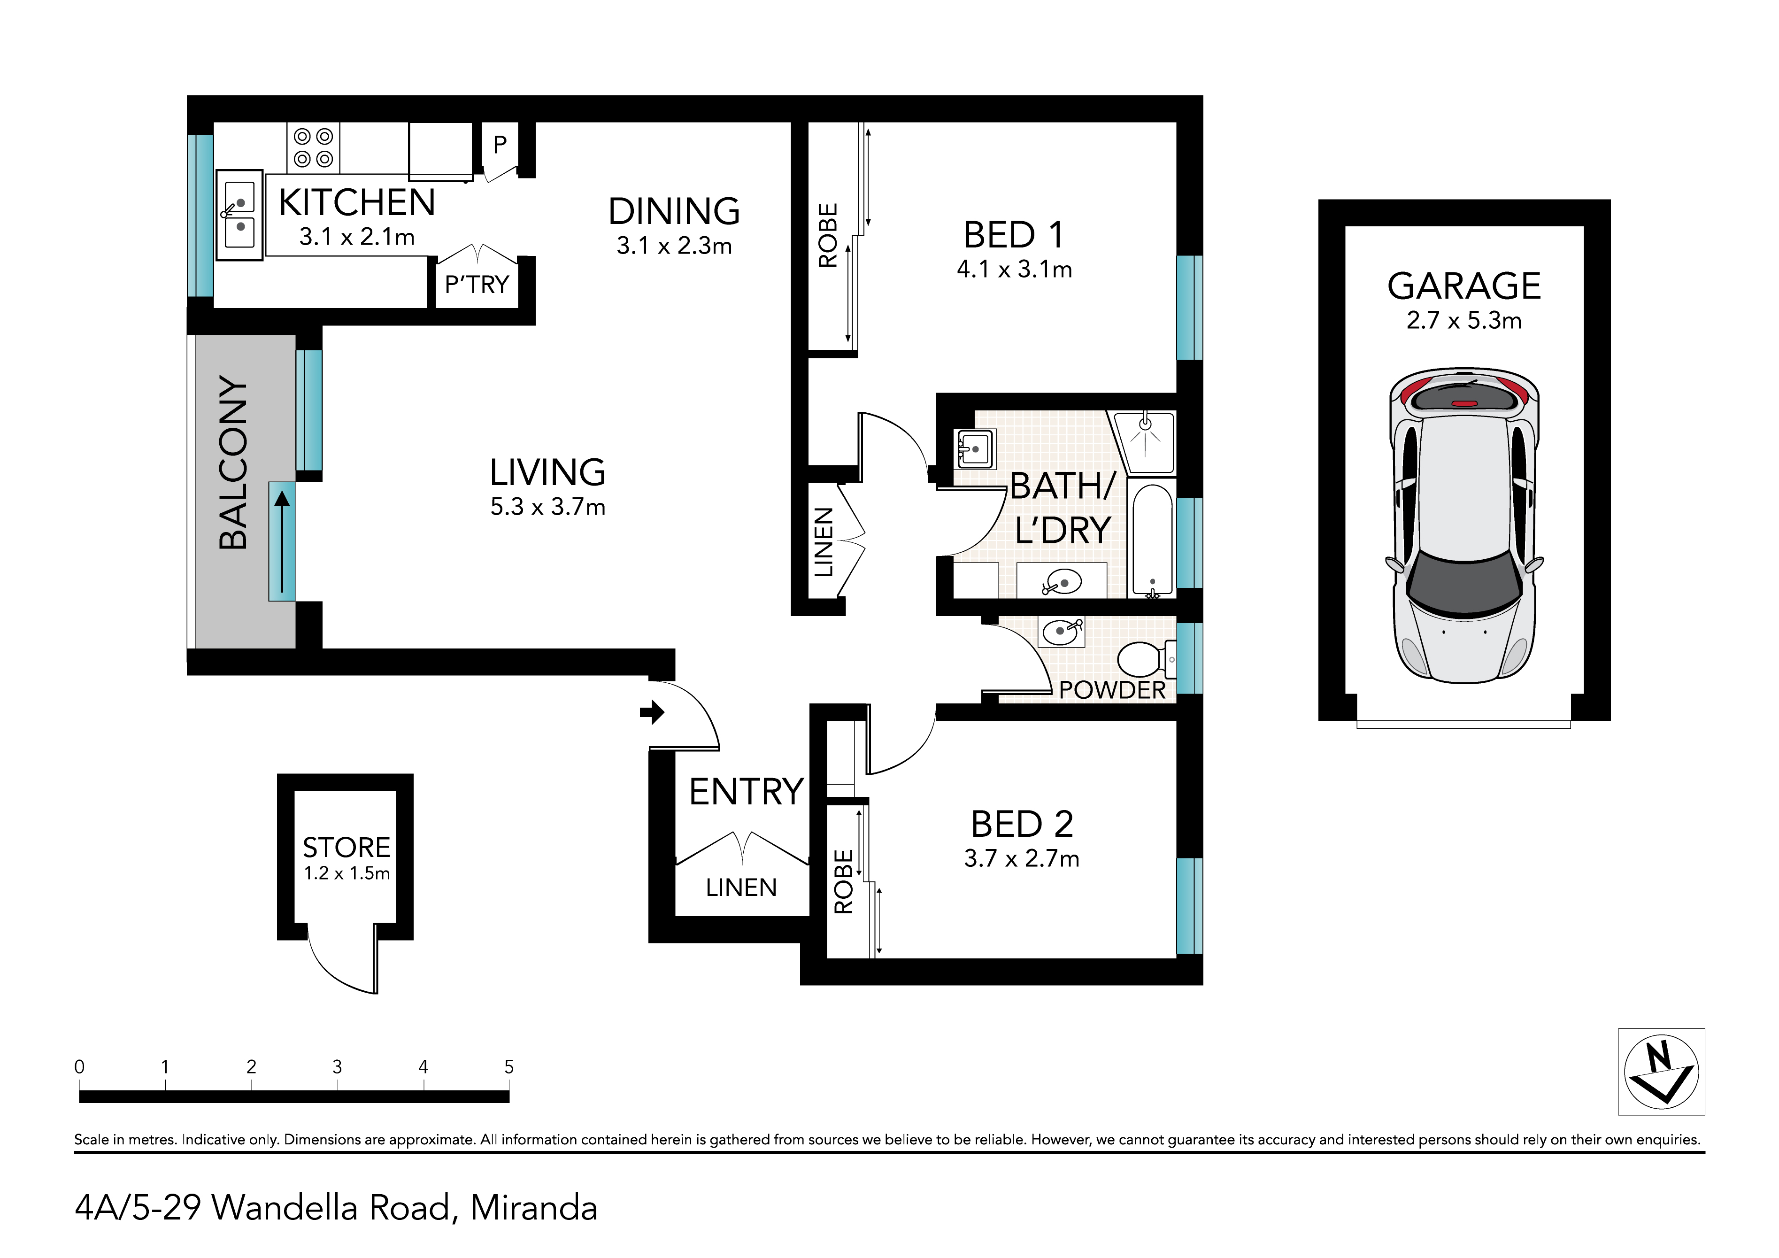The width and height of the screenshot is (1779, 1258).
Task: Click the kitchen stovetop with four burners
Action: point(313,147)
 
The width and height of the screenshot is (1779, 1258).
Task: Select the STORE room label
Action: point(347,847)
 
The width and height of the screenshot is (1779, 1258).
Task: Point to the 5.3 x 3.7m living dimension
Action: point(548,507)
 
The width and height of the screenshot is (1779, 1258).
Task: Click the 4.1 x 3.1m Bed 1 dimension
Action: point(1014,269)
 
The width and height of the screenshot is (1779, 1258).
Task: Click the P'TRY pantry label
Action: point(477,285)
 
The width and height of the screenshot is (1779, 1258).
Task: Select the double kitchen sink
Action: point(239,215)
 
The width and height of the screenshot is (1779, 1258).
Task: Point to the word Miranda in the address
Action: point(534,1208)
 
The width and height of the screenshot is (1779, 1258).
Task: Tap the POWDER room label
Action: point(1112,690)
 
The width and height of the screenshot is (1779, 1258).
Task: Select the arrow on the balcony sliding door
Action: point(282,542)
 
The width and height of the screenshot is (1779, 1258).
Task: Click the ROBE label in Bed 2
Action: point(843,881)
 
